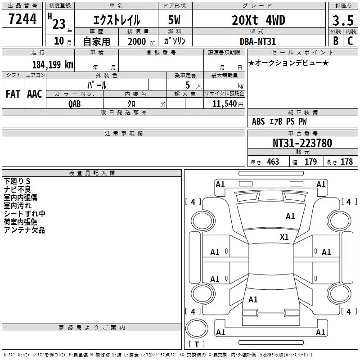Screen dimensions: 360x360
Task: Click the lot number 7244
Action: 22,19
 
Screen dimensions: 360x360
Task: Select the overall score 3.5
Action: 343,20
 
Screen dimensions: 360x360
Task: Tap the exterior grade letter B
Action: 336,41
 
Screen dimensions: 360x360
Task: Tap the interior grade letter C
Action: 350,41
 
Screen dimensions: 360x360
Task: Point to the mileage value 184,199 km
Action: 53,64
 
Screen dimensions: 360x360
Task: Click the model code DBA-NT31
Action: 257,41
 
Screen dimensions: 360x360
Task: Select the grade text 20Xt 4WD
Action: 258,20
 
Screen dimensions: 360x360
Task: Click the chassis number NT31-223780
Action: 302,143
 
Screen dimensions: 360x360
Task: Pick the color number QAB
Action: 74,104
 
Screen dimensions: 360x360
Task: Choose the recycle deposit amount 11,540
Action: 224,104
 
